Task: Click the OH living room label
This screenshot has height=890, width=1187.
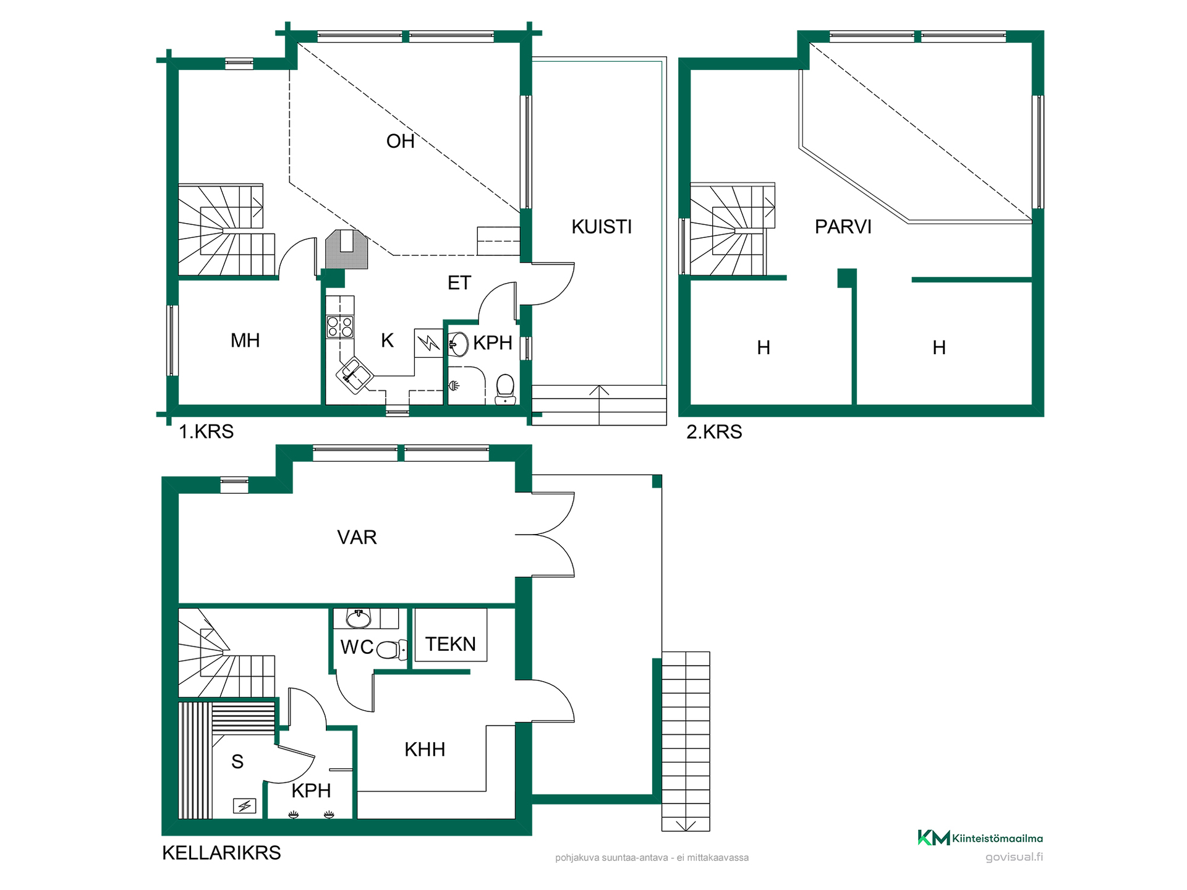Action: coord(400,142)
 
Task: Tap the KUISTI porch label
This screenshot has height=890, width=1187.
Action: coord(602,227)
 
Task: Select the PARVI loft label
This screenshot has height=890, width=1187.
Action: coord(843,227)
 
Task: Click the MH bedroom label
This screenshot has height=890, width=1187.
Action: coord(245,341)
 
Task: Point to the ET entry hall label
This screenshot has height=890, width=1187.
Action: coord(459,283)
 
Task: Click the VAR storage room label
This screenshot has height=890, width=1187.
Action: coord(357,537)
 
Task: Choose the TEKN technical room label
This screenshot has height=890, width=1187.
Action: coord(451,644)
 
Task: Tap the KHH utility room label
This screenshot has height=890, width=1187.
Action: coord(425,750)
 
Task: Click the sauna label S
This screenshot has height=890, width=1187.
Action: coord(237,762)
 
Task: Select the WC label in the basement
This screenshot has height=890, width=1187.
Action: coord(357,647)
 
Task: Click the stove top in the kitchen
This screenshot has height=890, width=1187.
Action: coord(340,326)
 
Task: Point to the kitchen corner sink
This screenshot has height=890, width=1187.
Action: coord(354,375)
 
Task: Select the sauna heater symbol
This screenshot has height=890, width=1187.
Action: coord(244,806)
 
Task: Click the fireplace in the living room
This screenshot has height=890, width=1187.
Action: coord(347,249)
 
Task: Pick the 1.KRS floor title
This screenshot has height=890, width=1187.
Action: coord(206,431)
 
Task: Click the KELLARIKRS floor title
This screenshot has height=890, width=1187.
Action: coord(221,853)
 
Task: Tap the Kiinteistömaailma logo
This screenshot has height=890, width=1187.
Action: coord(980,838)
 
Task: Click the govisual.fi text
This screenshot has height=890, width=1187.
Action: coord(1014,857)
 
